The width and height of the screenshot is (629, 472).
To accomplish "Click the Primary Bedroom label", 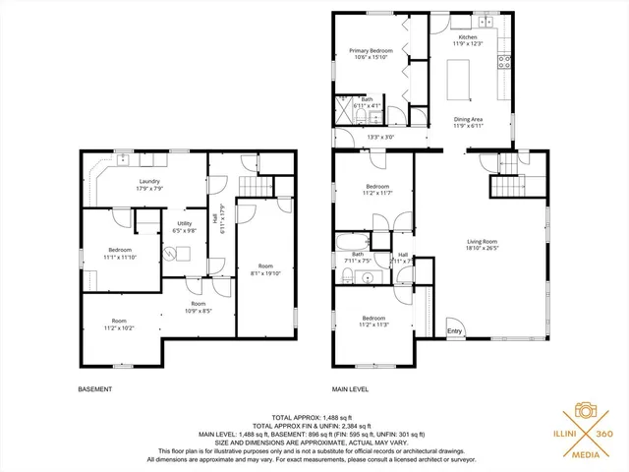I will tap(372, 50).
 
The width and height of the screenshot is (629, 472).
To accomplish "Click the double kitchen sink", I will tap(486, 21).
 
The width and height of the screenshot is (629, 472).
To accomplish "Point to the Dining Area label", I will tap(467, 120).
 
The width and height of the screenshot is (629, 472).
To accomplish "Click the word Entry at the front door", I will tap(454, 331).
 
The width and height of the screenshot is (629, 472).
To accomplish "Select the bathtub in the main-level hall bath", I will tap(351, 242).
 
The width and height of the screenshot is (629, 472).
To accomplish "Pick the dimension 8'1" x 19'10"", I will tap(265, 273).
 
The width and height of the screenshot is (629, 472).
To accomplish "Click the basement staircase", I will tap(256, 188).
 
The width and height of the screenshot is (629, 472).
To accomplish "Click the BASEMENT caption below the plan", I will tap(94, 389).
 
